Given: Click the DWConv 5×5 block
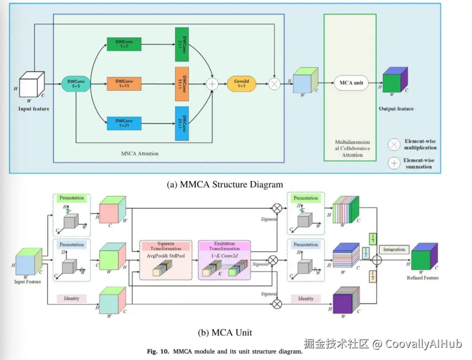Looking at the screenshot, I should click(76, 83).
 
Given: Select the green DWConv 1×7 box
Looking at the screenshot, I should click(124, 44).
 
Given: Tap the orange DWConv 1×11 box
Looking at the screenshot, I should click(124, 83).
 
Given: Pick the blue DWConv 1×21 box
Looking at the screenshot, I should click(124, 123).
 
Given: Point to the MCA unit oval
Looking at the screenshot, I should click(351, 83).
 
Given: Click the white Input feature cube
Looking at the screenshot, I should click(31, 84).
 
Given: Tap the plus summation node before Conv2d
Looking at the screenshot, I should click(212, 84).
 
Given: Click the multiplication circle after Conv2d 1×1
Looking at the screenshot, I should click(274, 83).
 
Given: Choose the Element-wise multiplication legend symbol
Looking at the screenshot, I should click(395, 145).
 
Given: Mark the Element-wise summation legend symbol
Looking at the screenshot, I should click(394, 163).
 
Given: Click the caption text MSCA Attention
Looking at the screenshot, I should click(139, 153).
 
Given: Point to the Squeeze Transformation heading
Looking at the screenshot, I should click(165, 246).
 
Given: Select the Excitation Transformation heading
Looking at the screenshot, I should click(225, 246).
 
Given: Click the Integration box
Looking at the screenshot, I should click(394, 249).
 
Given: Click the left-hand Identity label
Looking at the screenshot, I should click(72, 298).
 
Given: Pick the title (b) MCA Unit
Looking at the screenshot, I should click(225, 332).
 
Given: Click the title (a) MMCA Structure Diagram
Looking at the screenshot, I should click(225, 184).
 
